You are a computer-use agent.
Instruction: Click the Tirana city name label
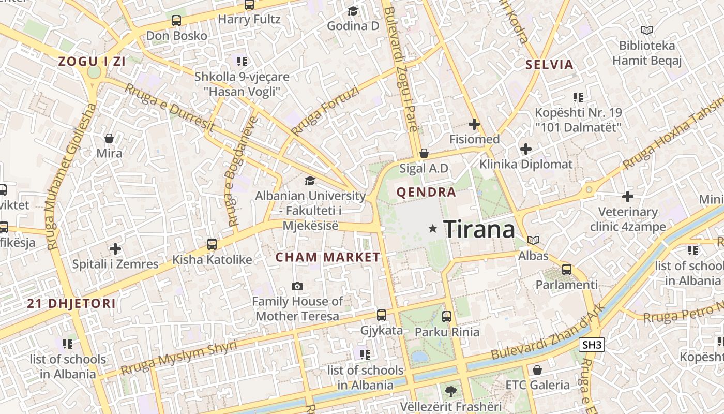pos(479,229)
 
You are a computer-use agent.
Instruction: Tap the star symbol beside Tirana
pos(433,229)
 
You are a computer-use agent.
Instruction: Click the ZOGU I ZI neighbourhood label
pos(92,62)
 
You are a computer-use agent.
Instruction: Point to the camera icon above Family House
pos(297,286)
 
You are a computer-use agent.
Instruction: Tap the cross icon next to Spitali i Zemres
pos(115,249)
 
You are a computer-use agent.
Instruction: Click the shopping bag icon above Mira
pos(109,138)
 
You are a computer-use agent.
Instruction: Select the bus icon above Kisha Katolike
pos(212,244)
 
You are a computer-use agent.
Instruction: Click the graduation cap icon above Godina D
pos(353,11)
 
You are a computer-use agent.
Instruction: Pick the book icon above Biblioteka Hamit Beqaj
pos(647,30)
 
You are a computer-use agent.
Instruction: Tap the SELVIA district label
pos(549,65)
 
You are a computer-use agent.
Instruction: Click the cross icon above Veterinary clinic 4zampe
pos(628,197)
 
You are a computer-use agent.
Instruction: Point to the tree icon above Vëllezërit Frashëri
pos(451,391)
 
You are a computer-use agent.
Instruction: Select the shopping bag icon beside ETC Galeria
pos(537,370)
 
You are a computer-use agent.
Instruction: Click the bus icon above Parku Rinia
pos(447,316)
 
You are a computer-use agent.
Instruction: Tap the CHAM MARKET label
pos(328,257)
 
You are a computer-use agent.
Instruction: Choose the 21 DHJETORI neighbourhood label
pos(71,304)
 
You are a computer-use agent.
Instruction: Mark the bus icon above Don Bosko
pos(176,21)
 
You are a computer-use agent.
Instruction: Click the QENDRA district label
pos(426,193)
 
